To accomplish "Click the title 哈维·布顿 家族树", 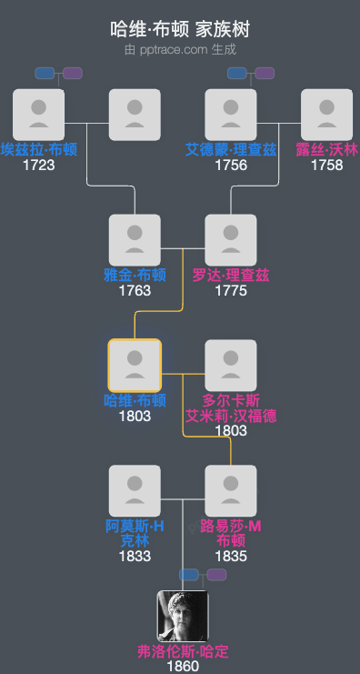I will click(x=180, y=30).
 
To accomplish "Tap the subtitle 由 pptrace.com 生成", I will click(x=180, y=50).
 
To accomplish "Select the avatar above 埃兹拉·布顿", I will click(x=38, y=115).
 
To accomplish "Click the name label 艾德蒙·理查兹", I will click(x=230, y=150).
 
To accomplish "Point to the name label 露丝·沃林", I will click(x=327, y=150).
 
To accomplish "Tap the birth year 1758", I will click(x=327, y=166).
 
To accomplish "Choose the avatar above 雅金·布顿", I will click(x=135, y=240).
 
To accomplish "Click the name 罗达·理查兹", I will click(x=231, y=276).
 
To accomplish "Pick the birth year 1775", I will click(x=231, y=291).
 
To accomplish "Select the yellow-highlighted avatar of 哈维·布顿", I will click(x=135, y=366).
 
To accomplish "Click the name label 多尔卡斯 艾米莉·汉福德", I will click(x=231, y=408).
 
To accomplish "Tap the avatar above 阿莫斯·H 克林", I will click(x=135, y=491).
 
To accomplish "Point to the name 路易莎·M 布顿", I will click(x=231, y=534).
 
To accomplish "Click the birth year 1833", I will click(x=135, y=557).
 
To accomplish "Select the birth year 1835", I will click(x=231, y=557).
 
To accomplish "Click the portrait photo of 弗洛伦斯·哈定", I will click(x=183, y=617).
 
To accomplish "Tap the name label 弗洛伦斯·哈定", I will click(x=183, y=652).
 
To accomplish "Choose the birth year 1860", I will click(x=183, y=667).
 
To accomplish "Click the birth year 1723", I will click(x=38, y=166).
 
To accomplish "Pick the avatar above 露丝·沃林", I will click(x=327, y=115).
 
